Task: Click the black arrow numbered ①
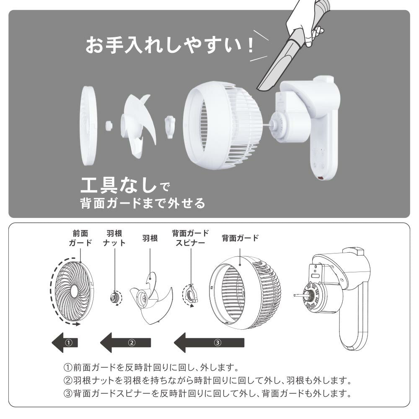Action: (x=65, y=343)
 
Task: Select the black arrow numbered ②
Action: (x=126, y=343)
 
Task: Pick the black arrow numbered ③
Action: (x=209, y=343)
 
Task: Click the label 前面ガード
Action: (x=80, y=238)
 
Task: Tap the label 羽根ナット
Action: (x=114, y=238)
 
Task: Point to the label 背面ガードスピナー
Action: (x=190, y=238)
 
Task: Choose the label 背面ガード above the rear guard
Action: (x=240, y=238)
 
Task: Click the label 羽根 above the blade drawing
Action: (x=150, y=238)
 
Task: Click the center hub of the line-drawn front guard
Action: (x=74, y=290)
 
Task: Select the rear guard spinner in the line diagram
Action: (x=191, y=295)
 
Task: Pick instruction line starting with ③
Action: (x=207, y=393)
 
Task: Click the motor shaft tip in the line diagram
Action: (x=294, y=295)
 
